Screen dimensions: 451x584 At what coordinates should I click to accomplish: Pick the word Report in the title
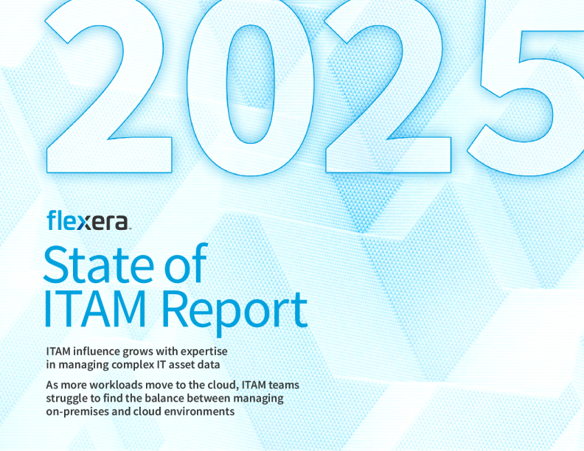coord(234,310)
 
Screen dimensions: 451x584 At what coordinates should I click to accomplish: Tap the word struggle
coord(67,399)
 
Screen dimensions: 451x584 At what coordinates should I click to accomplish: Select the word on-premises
coord(78,412)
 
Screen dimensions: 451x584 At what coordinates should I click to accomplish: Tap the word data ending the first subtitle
coord(230,363)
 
